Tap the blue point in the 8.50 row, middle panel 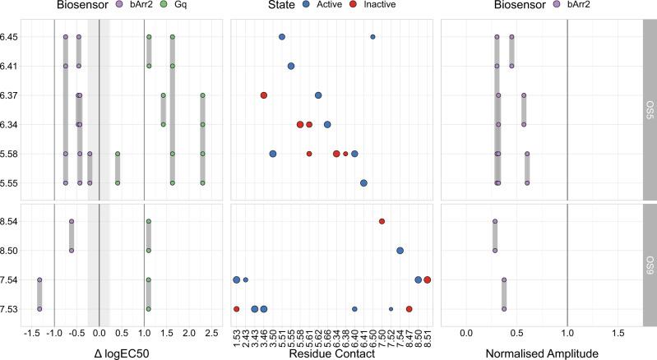point(400,251)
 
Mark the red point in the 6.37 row point(264,95)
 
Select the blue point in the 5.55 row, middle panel point(363,183)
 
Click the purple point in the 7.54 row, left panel point(39,280)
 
